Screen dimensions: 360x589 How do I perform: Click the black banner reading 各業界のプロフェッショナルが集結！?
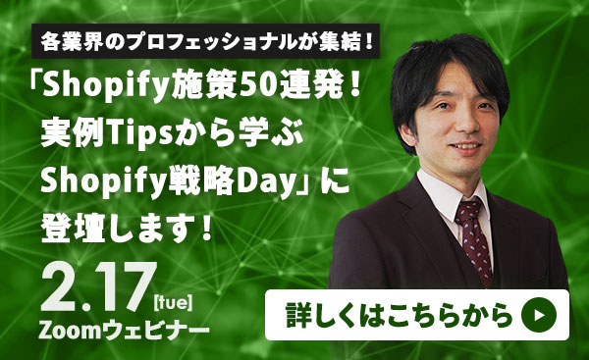pos(206,43)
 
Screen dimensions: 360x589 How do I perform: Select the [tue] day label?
pos(175,293)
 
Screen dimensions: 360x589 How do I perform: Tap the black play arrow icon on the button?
pos(539,315)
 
